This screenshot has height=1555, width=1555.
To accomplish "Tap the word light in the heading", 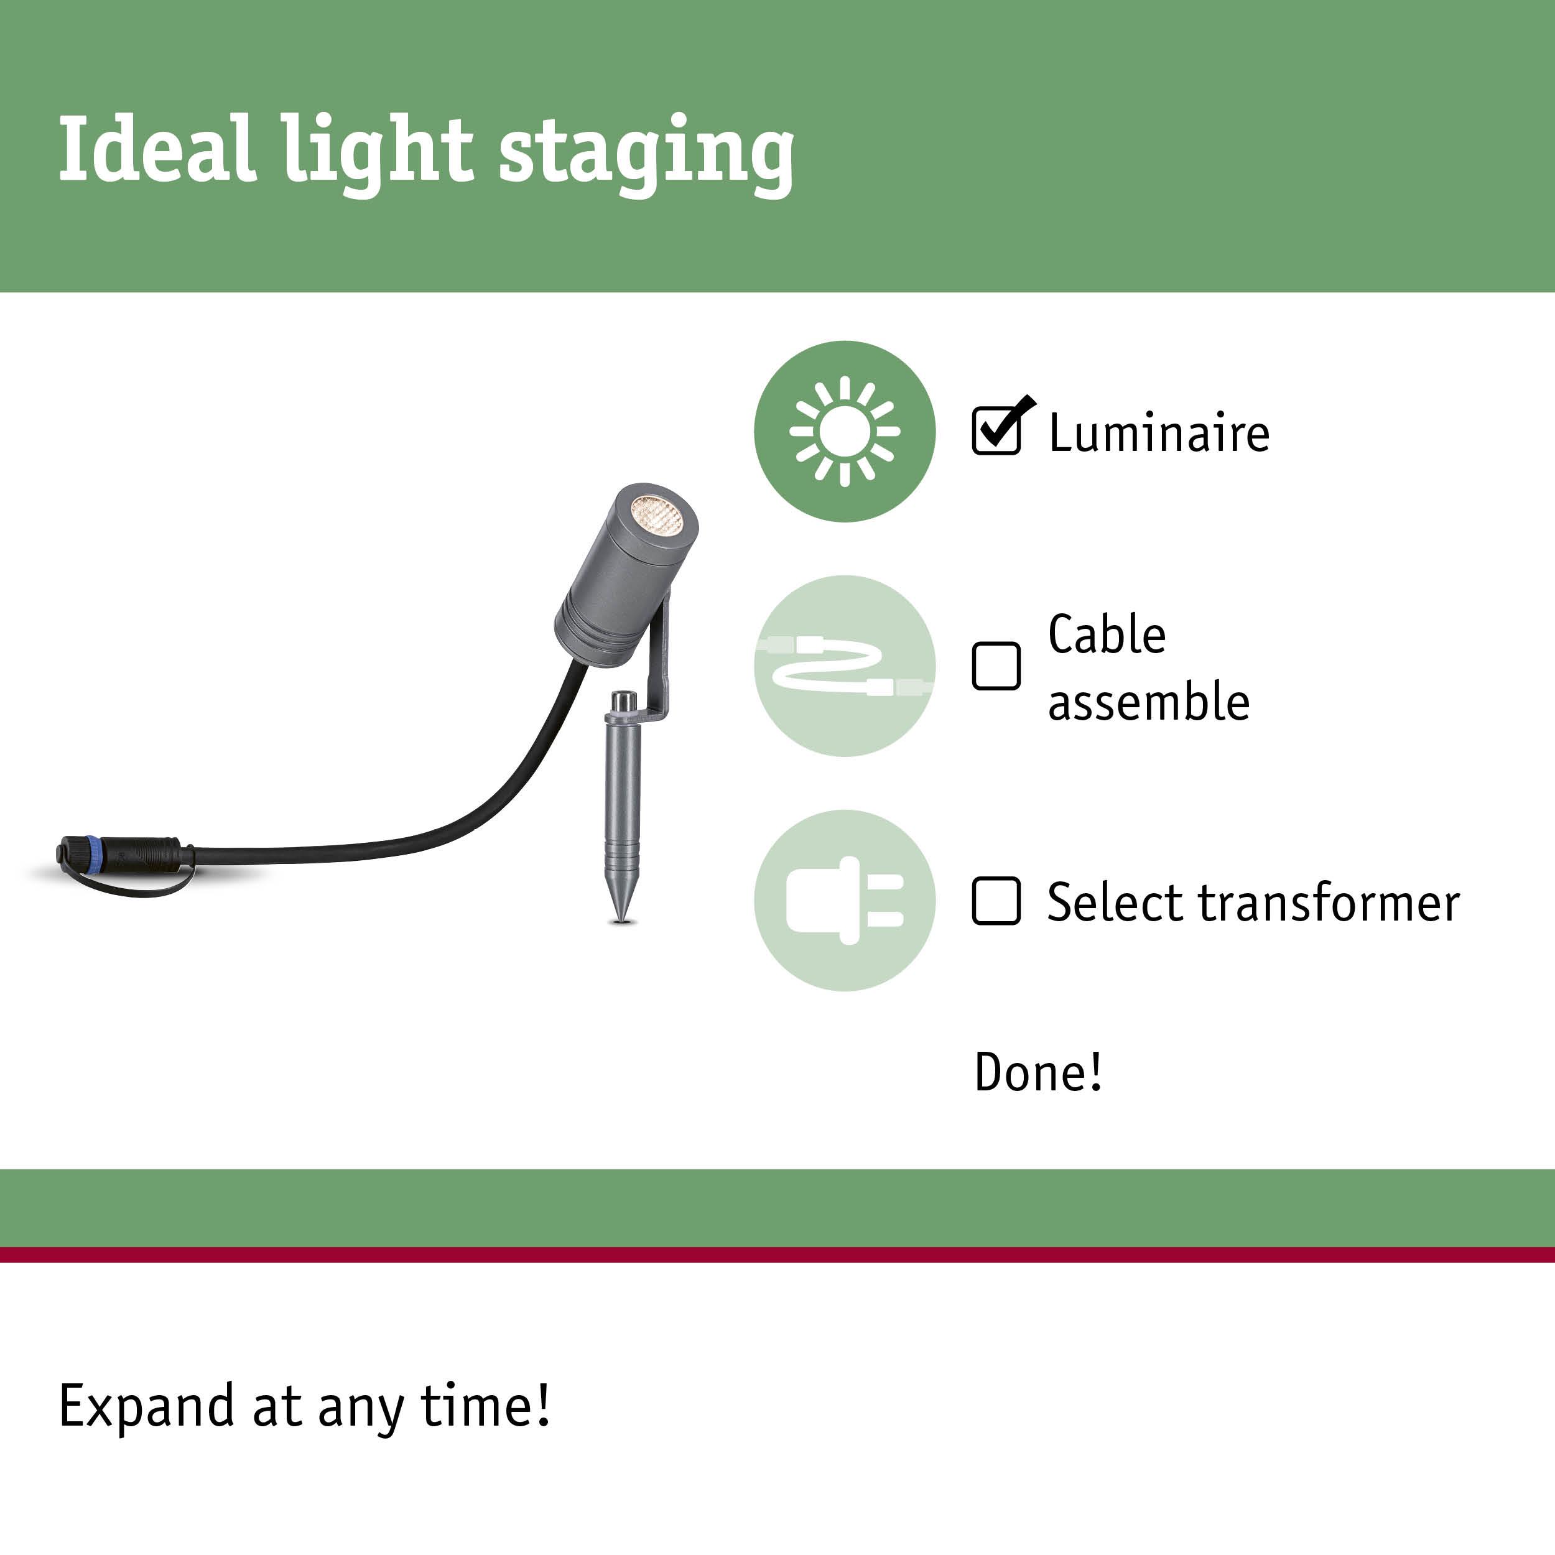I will tap(377, 153).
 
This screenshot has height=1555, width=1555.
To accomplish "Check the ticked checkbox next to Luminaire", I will tap(996, 430).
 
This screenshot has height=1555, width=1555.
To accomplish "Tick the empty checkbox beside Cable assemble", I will tap(996, 666).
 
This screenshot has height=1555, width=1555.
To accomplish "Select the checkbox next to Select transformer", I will tap(996, 901).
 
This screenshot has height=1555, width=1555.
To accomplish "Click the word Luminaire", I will tap(1159, 433).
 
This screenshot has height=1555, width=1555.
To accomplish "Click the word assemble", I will tap(1149, 701).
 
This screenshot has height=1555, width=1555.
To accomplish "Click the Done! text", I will tap(1038, 1072).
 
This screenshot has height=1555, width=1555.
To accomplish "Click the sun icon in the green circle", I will tap(844, 432).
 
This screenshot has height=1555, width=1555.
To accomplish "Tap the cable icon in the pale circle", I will tap(844, 666).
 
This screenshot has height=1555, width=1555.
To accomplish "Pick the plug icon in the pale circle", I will tap(844, 901).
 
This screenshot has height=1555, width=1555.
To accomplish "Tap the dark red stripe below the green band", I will tap(777, 1254).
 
